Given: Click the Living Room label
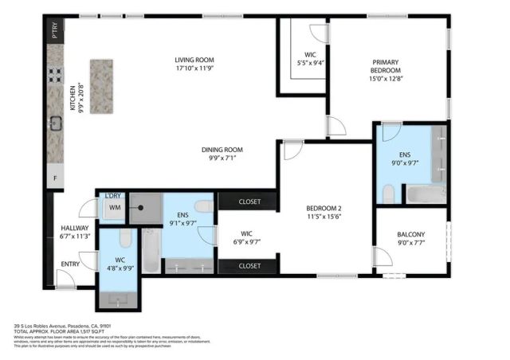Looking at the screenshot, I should (x=195, y=64).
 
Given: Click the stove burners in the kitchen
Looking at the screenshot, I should (x=56, y=75).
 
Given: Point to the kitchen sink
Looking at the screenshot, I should (x=56, y=123).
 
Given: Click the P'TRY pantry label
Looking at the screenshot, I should (x=55, y=34).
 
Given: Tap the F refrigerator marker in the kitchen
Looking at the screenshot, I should (x=55, y=178).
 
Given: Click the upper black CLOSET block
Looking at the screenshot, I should (x=249, y=201).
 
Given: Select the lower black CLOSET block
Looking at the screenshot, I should (x=249, y=265).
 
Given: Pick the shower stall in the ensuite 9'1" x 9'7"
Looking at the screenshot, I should (x=144, y=206).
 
